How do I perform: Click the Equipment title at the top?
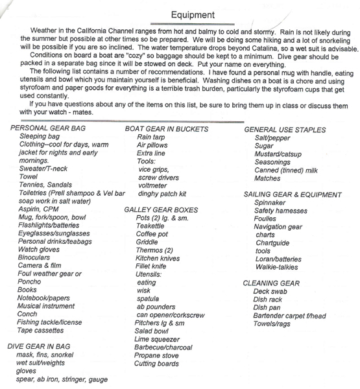(193, 14)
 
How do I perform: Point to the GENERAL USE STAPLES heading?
(285, 130)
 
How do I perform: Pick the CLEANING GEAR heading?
(271, 283)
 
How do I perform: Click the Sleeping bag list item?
(40, 137)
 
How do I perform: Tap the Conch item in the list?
(29, 314)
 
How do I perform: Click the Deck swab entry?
(270, 292)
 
